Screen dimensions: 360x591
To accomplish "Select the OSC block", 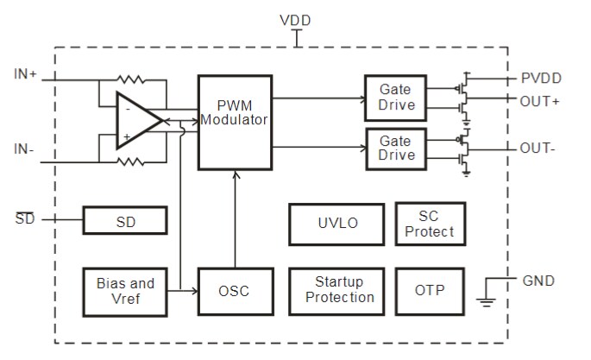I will coord(233,291).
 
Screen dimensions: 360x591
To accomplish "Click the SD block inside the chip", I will coord(125,221).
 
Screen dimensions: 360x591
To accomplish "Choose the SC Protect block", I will coord(430,223).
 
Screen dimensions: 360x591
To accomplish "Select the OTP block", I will coord(430,290).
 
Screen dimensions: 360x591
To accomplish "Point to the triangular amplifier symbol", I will coord(138,122).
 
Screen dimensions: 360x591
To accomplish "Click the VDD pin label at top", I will coord(296,20).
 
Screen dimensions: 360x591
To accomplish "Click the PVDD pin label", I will coord(541,79).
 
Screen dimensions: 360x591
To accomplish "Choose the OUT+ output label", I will coord(540,101).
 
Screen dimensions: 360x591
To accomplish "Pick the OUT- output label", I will coord(538,148).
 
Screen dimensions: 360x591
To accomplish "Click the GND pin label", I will coord(539,281).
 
